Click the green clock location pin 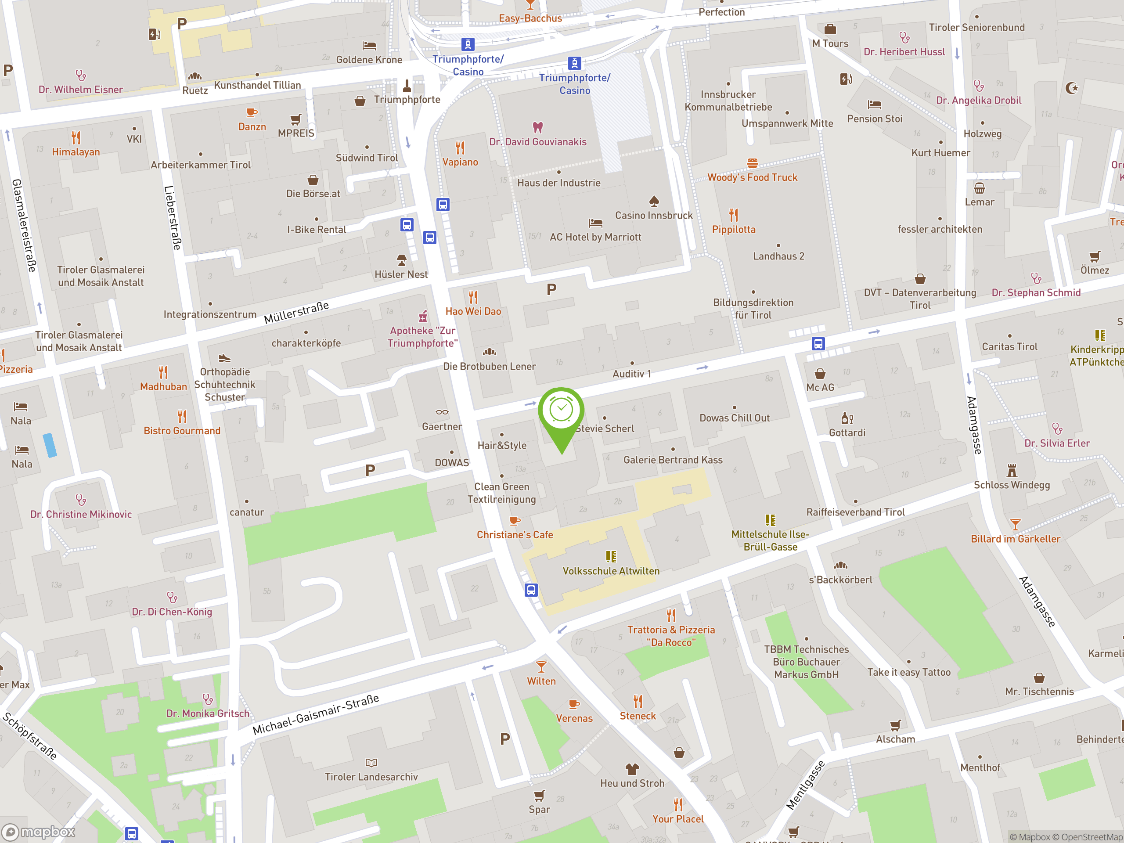tap(561, 411)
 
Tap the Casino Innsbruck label tap(653, 216)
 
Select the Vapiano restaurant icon tap(460, 148)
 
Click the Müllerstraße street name tap(296, 313)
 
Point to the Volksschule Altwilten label tap(611, 571)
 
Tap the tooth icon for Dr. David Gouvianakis tap(537, 127)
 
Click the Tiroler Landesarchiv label tap(371, 777)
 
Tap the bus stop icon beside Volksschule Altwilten tap(531, 590)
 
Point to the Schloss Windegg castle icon tap(1012, 471)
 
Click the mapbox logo tap(39, 832)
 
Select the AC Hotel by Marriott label tap(595, 237)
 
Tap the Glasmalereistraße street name tap(24, 225)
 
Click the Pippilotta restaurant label tap(733, 230)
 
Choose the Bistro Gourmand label tap(182, 431)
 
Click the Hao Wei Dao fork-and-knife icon tap(473, 297)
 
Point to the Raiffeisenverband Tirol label tap(855, 512)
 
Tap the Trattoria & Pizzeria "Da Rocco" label tap(671, 636)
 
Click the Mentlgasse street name tap(805, 785)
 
